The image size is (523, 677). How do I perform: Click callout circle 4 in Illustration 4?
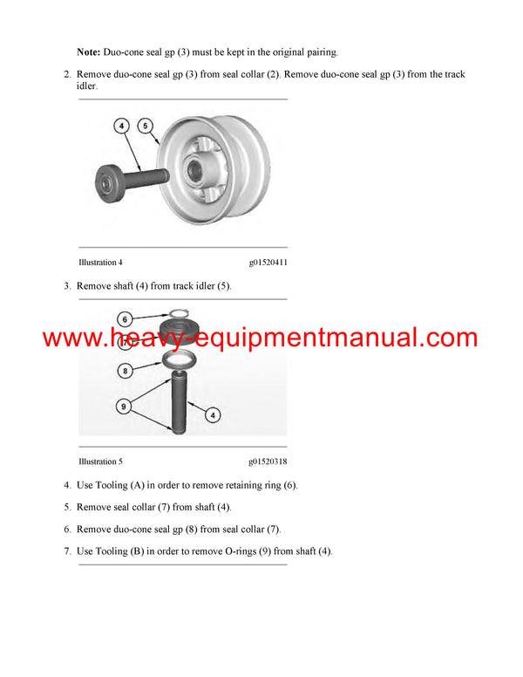coord(123,126)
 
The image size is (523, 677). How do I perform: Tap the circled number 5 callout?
coord(146,126)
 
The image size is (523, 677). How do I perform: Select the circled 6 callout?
coord(124,318)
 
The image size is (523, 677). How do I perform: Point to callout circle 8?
coord(124,370)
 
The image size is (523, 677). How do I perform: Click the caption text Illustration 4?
coord(100,262)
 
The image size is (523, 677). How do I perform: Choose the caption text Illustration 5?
coord(100,462)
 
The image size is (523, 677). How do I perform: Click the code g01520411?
coord(268,262)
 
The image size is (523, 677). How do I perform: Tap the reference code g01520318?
coord(268,462)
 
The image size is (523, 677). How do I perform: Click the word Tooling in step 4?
coord(110,485)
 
